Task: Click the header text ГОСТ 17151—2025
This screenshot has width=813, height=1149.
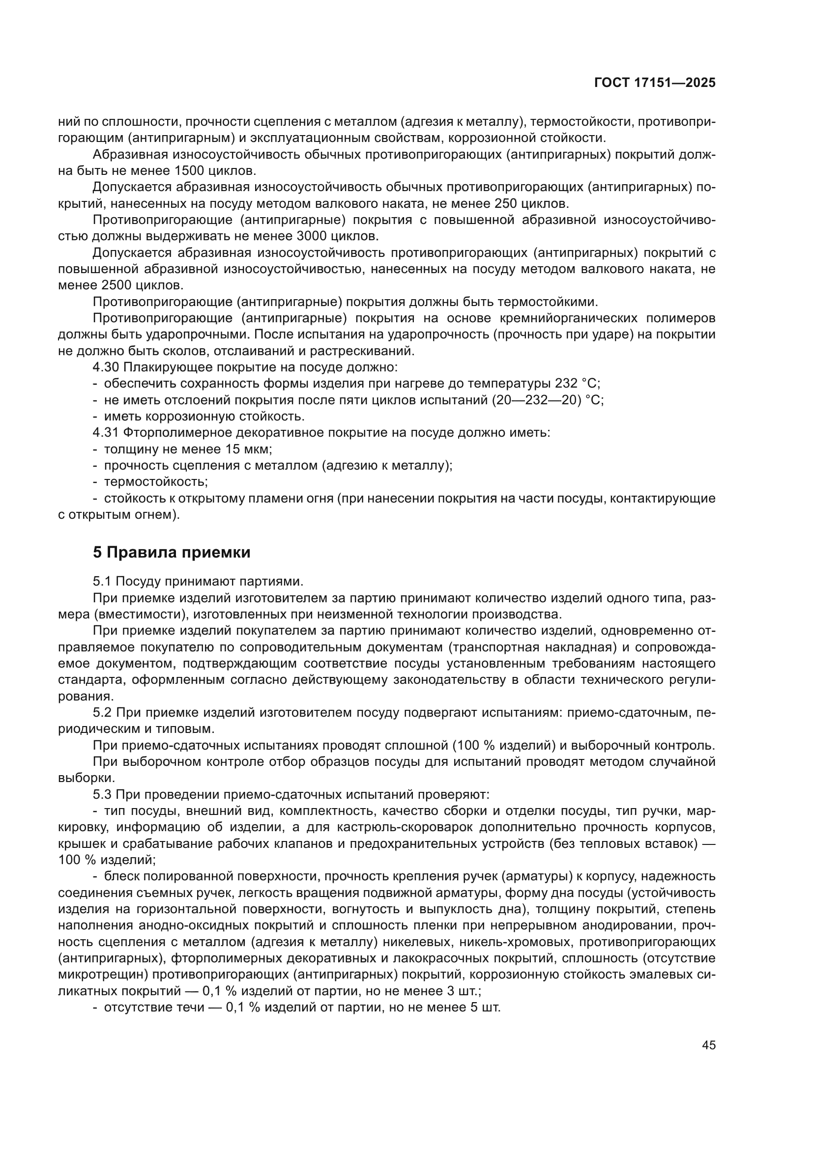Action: point(655,83)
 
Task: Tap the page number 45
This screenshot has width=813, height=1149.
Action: point(708,1045)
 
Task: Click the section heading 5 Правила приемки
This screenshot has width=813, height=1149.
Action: point(172,553)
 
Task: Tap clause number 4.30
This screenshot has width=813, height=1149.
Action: point(105,367)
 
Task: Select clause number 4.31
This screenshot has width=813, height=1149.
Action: point(105,433)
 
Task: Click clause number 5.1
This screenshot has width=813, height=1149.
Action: point(103,582)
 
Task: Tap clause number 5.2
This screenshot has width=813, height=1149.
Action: point(103,713)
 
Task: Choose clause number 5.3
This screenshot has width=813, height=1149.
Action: point(103,795)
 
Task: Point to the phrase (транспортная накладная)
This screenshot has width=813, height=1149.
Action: point(533,647)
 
